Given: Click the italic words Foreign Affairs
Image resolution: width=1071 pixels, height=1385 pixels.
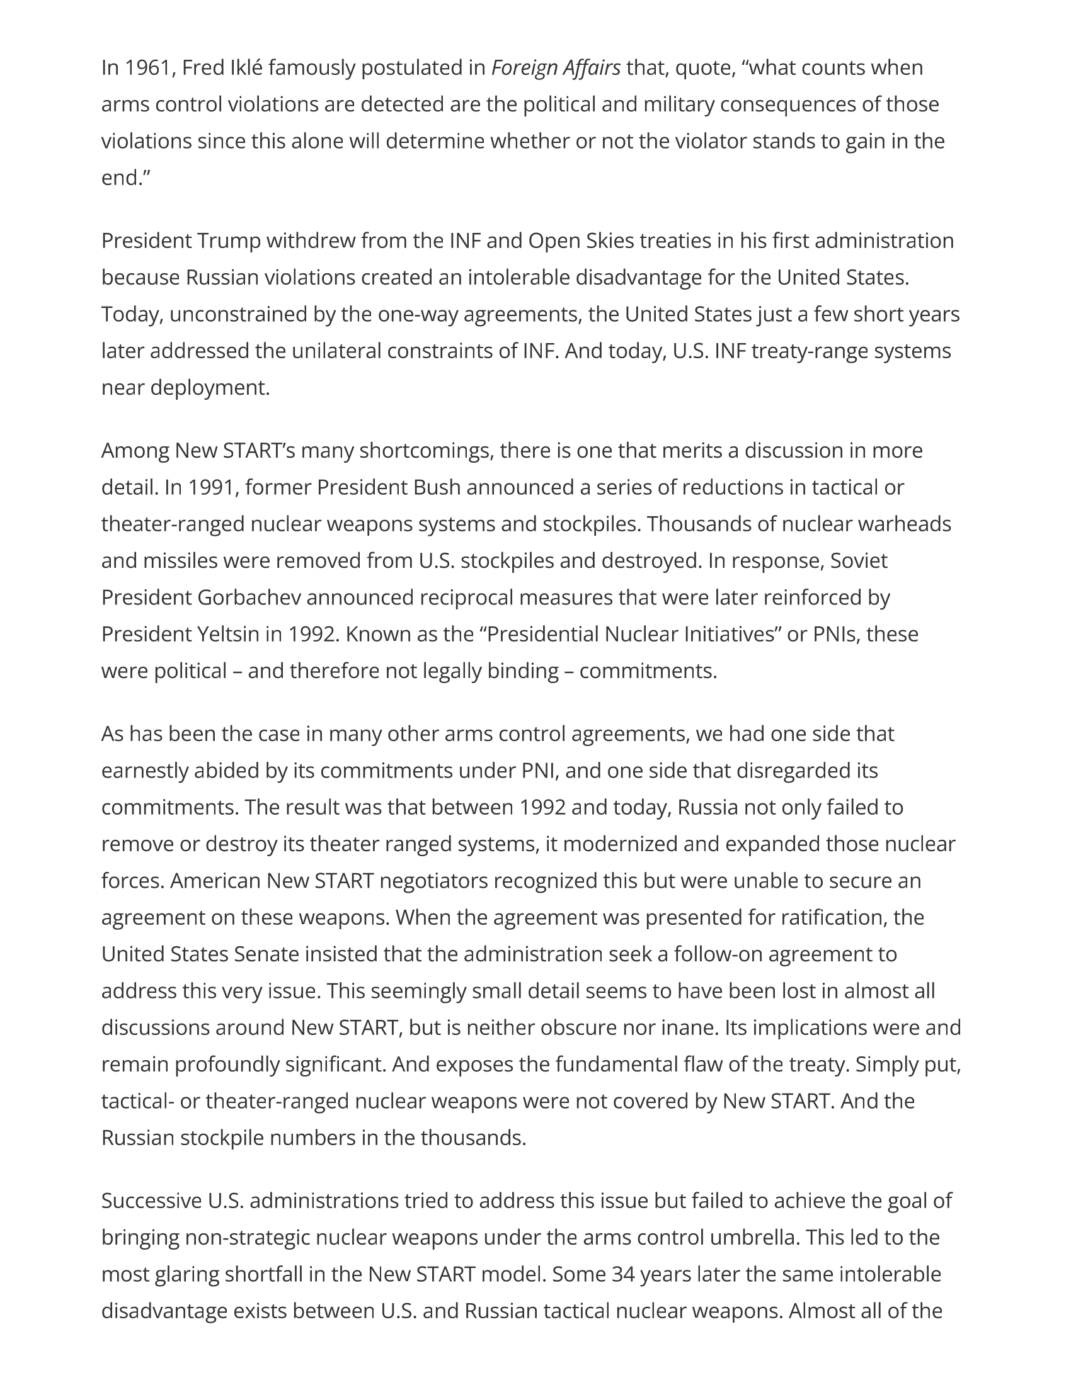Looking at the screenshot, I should pyautogui.click(x=556, y=67).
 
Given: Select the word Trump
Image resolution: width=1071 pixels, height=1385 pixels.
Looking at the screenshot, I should pyautogui.click(x=229, y=241).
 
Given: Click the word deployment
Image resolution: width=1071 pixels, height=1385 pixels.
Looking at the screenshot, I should pyautogui.click(x=209, y=387).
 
